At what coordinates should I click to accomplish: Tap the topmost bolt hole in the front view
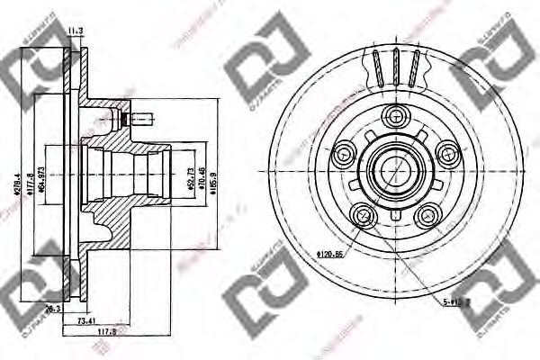(394, 115)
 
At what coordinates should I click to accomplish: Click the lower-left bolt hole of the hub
(363, 215)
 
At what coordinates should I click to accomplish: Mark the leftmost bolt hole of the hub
(343, 153)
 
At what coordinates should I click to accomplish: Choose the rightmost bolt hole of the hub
(447, 152)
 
